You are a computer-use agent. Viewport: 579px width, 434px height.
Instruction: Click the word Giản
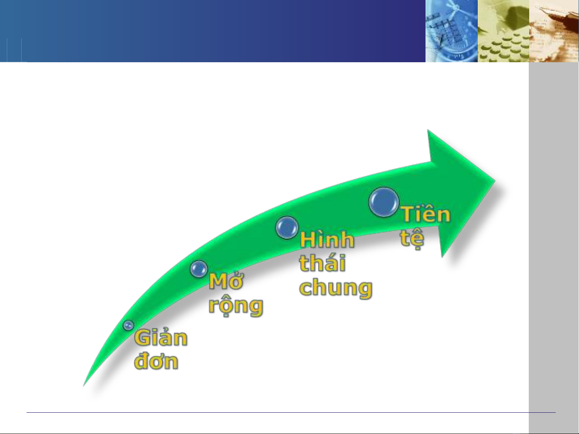point(161,338)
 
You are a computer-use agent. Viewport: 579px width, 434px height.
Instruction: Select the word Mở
point(226,281)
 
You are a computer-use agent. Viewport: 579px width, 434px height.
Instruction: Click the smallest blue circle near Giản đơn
point(128,325)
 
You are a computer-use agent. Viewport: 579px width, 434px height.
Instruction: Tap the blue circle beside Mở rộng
point(199,269)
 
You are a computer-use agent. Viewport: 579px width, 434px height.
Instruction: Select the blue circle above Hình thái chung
point(287,228)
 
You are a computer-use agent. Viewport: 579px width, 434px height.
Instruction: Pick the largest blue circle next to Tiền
point(384,202)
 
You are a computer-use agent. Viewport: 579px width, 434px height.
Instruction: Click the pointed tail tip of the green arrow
point(83,386)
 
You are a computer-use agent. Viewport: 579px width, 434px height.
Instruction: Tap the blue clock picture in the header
point(452,31)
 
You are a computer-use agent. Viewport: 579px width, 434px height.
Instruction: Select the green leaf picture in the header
point(503,31)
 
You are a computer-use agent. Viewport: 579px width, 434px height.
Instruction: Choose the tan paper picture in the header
point(554,31)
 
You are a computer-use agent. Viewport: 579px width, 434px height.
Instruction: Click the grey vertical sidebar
point(554,248)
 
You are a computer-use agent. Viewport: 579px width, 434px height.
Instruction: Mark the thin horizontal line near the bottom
point(291,412)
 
